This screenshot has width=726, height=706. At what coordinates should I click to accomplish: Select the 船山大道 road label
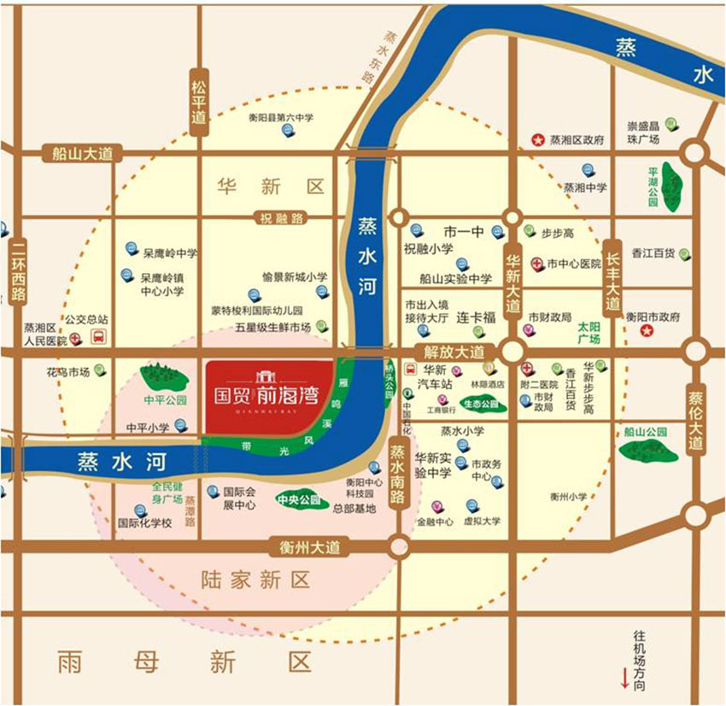(x=82, y=154)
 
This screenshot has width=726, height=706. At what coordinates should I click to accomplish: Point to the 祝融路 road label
(x=282, y=218)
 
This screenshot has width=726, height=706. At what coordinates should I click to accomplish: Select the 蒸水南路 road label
(x=397, y=475)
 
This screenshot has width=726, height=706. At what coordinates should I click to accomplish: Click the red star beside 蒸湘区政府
(x=538, y=139)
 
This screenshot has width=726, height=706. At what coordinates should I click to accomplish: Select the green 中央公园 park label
(x=298, y=500)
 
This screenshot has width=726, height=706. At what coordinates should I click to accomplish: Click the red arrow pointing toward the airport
(x=625, y=680)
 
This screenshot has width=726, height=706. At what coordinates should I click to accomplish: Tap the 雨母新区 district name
(x=184, y=661)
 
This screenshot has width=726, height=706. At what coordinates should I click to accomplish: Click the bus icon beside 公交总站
(x=99, y=336)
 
